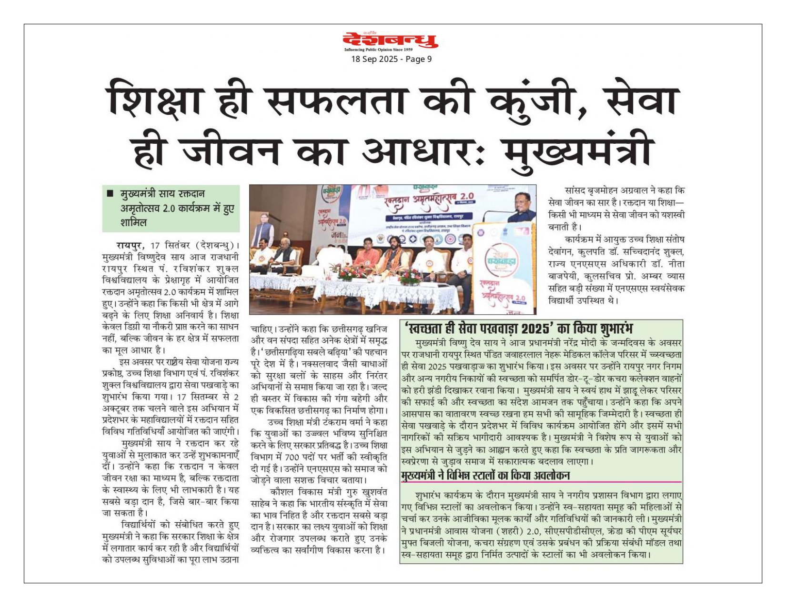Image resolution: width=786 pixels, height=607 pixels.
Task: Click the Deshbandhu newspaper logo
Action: tap(391, 40)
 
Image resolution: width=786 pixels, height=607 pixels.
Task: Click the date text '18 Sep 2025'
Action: tap(371, 59)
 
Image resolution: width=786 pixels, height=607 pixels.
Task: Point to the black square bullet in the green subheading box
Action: tap(110, 194)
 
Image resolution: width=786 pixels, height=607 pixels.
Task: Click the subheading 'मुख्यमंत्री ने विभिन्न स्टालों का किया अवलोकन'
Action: tap(486, 475)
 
